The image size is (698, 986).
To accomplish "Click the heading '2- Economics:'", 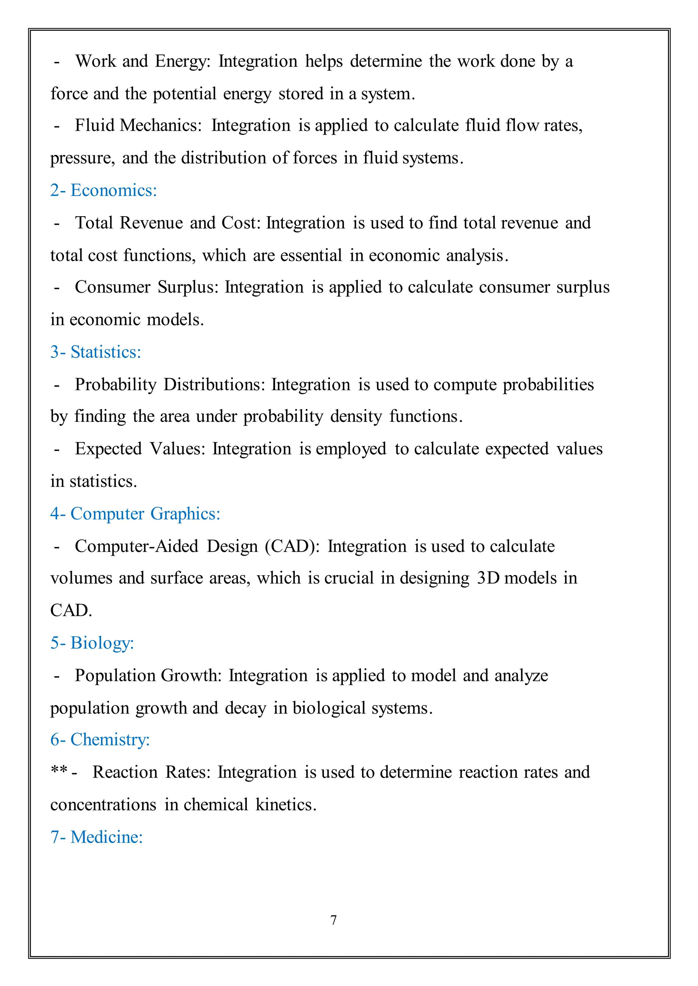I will pyautogui.click(x=103, y=190).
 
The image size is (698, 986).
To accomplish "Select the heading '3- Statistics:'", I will pyautogui.click(x=95, y=352).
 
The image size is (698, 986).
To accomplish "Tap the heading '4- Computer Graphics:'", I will pyautogui.click(x=135, y=514).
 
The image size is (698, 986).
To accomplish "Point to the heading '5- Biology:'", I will pyautogui.click(x=92, y=643).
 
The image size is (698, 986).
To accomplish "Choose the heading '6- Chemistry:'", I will pyautogui.click(x=100, y=739).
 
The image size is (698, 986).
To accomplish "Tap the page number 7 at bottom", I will pyautogui.click(x=334, y=920).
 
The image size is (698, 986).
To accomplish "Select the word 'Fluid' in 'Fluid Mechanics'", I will pyautogui.click(x=94, y=125).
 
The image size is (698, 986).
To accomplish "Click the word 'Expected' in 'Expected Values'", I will pyautogui.click(x=108, y=449).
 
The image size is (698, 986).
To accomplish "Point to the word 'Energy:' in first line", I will pyautogui.click(x=182, y=61).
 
